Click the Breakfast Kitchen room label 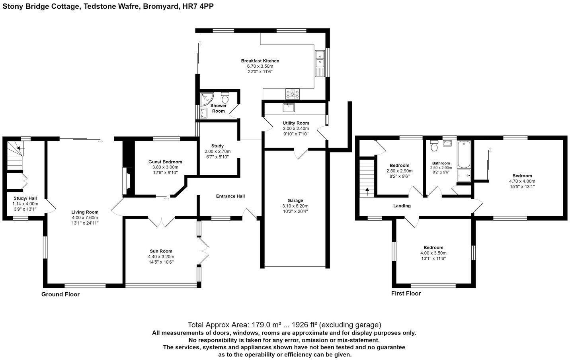260,61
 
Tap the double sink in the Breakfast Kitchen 320,59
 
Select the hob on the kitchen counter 292,94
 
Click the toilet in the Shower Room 225,97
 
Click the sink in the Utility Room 288,107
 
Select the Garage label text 295,200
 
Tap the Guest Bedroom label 165,162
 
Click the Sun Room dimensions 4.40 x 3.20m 161,256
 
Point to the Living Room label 85,212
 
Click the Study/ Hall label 25,198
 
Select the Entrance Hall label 230,196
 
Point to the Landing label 402,206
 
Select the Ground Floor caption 61,294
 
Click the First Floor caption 406,293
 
